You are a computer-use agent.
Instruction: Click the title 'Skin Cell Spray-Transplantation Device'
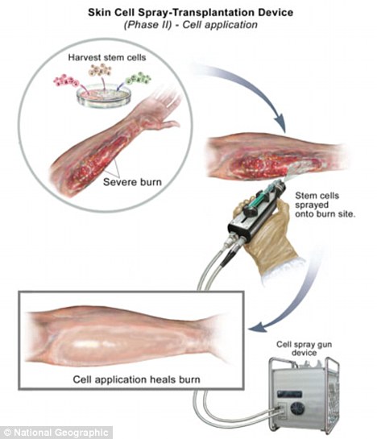[190, 12]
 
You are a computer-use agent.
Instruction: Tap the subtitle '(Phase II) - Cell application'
[190, 25]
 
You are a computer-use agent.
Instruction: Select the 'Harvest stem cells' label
[107, 57]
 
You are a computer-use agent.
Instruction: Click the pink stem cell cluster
[65, 81]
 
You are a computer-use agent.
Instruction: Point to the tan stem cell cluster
[100, 70]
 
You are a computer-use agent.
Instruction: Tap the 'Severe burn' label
[132, 182]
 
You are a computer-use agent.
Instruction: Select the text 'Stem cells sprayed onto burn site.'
[325, 205]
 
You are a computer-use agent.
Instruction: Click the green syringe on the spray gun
[261, 197]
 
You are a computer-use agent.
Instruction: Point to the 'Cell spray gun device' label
[304, 348]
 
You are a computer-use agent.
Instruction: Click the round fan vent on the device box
[298, 408]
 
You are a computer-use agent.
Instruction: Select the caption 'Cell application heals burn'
[136, 379]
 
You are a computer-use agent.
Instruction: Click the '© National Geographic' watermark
[56, 433]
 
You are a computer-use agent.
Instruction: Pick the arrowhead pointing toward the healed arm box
[257, 327]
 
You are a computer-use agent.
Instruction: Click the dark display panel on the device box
[290, 395]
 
